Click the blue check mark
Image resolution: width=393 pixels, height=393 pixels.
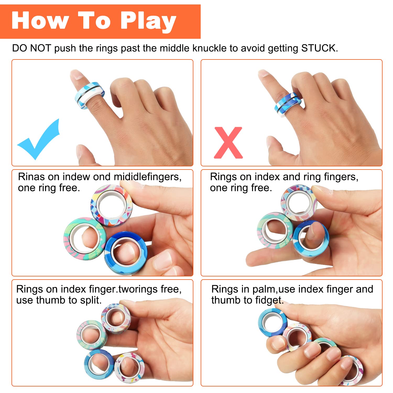38,140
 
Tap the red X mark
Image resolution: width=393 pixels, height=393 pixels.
228,143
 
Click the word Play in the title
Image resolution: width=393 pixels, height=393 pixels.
148,21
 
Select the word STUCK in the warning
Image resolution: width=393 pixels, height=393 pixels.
319,48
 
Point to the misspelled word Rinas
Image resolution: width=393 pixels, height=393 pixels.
31,177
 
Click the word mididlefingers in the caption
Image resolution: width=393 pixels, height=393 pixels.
148,177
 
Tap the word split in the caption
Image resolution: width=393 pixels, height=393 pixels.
90,300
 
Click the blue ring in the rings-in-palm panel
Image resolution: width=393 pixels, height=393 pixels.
272,322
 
